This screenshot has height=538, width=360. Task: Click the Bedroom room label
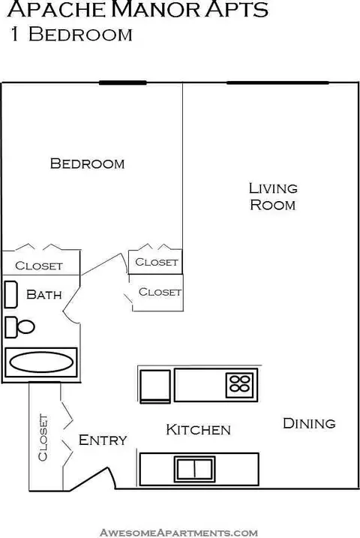87,164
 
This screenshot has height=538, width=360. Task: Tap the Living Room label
273,197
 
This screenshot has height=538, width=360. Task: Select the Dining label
309,423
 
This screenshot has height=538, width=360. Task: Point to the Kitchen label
198,430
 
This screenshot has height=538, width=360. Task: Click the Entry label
103,440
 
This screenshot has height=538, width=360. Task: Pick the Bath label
44,294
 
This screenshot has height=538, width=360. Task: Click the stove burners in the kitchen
240,383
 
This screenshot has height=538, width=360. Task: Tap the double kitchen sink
194,469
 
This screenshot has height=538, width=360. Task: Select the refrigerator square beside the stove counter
155,386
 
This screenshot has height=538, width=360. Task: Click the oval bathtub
41,362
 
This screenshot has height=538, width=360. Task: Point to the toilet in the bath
19,327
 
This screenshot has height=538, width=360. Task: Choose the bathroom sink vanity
11,294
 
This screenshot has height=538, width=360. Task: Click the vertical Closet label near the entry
43,437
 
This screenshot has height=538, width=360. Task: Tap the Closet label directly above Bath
39,266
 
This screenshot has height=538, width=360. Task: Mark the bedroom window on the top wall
123,83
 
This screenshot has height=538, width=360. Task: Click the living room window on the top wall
277,83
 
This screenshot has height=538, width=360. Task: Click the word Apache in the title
57,9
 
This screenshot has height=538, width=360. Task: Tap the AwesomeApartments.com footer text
178,533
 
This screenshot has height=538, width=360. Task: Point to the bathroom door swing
71,304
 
